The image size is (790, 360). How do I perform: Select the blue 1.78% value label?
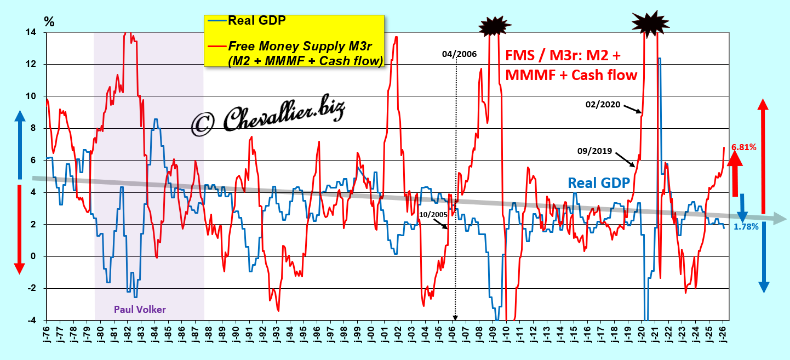click(x=746, y=226)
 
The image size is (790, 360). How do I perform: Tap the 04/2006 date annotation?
click(x=459, y=54)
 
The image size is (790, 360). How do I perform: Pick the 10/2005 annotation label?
click(x=433, y=214)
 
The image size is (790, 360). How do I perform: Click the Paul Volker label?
click(x=140, y=310)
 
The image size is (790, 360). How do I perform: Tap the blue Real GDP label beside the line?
click(x=598, y=182)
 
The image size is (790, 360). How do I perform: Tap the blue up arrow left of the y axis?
click(x=20, y=142)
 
